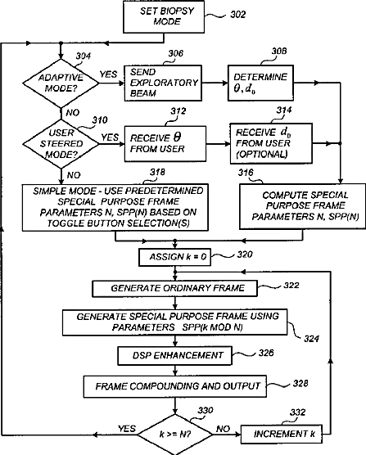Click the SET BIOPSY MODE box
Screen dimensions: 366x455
pyautogui.click(x=164, y=17)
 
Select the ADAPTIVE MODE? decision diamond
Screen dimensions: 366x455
pyautogui.click(x=61, y=83)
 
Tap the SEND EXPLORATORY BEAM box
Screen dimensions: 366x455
pyautogui.click(x=163, y=83)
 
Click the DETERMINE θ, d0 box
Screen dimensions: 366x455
pyautogui.click(x=260, y=83)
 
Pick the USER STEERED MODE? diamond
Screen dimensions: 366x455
pyautogui.click(x=61, y=144)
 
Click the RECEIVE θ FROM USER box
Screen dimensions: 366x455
pyautogui.click(x=165, y=144)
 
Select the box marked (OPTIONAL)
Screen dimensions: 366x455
pyautogui.click(x=271, y=143)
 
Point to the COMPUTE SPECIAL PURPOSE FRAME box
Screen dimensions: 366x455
pyautogui.click(x=302, y=206)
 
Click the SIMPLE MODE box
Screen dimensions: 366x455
pyautogui.click(x=115, y=207)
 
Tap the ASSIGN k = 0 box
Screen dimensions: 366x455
pyautogui.click(x=174, y=257)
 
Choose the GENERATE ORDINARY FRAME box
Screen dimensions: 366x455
pyautogui.click(x=174, y=288)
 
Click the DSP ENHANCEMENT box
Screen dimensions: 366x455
pyautogui.click(x=174, y=355)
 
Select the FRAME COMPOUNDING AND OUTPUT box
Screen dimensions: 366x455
pyautogui.click(x=175, y=386)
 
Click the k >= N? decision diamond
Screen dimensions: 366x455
pyautogui.click(x=175, y=435)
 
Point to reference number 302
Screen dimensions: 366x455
pyautogui.click(x=238, y=15)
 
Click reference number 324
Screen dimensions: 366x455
pyautogui.click(x=311, y=339)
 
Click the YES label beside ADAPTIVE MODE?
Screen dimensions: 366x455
pyautogui.click(x=109, y=74)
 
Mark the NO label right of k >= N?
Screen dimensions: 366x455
pyautogui.click(x=224, y=429)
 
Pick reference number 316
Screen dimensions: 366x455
pyautogui.click(x=246, y=173)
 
